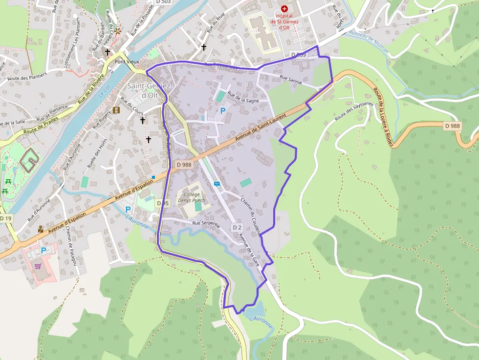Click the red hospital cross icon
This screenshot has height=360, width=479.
click(x=284, y=9)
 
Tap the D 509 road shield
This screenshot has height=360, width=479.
click(x=298, y=55)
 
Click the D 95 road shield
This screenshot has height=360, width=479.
click(x=162, y=203)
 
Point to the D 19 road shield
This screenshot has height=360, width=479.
click(x=5, y=218)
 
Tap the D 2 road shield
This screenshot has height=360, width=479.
click(x=237, y=227)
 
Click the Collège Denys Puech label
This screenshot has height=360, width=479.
click(x=191, y=197)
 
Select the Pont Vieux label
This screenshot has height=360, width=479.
click(x=127, y=62)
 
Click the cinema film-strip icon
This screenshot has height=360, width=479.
click(x=116, y=110)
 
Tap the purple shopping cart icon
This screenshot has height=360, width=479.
click(x=38, y=266)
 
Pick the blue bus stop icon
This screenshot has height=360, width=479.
click(x=217, y=184)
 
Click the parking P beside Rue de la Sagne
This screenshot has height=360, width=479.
click(x=223, y=111)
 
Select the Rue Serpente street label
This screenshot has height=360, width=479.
click(x=206, y=224)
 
